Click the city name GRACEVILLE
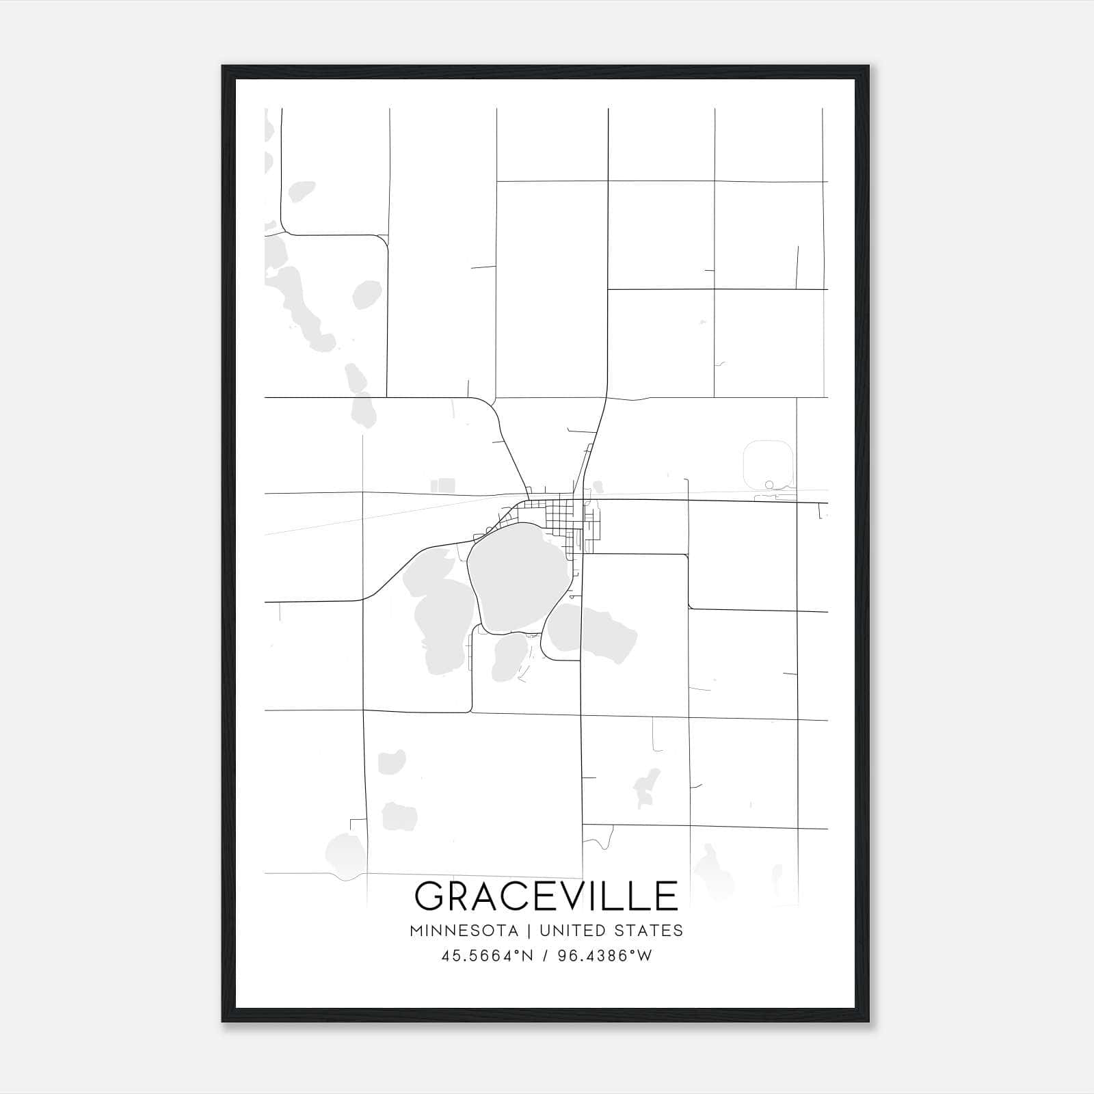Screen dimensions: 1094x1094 (546, 896)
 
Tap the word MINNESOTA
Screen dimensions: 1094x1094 (464, 931)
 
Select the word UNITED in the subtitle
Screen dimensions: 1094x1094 (572, 931)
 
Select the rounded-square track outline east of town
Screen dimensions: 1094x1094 (769, 462)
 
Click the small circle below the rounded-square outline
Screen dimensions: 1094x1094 (769, 485)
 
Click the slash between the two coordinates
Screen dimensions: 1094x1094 (544, 956)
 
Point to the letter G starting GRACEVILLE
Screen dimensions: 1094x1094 (431, 896)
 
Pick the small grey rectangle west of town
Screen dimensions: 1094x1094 (442, 485)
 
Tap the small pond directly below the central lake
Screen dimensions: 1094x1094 (509, 658)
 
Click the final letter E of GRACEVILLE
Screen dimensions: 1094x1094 (665, 896)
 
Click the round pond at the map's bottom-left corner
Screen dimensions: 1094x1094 (345, 854)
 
